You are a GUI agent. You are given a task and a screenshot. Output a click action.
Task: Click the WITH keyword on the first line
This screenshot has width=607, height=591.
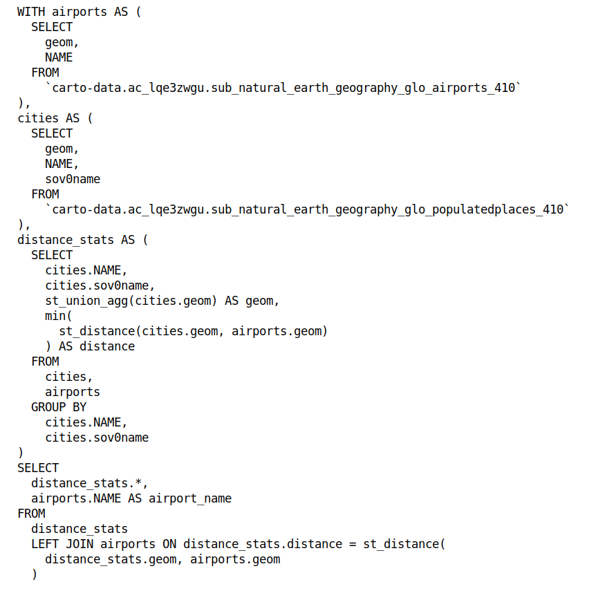coord(31,12)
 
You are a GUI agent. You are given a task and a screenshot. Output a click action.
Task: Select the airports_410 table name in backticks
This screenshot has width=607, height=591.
coord(283,88)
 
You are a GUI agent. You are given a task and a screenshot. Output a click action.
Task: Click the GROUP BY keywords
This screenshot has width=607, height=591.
coord(59,407)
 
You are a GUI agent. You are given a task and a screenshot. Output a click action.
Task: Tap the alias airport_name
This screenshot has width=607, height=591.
coord(190,498)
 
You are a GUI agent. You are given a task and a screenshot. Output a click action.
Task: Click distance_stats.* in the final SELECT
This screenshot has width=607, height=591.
coord(90,483)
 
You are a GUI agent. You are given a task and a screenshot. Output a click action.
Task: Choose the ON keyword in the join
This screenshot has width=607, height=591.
coord(169,544)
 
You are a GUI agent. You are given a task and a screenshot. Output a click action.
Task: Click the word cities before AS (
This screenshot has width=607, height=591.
coord(38,118)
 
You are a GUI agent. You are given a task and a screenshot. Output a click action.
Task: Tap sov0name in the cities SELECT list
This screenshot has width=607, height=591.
coord(73,179)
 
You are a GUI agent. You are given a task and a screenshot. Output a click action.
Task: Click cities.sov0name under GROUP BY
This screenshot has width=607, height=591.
coord(97,438)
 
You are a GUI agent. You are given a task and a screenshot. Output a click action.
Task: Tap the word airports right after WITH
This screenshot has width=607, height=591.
coord(80,12)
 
